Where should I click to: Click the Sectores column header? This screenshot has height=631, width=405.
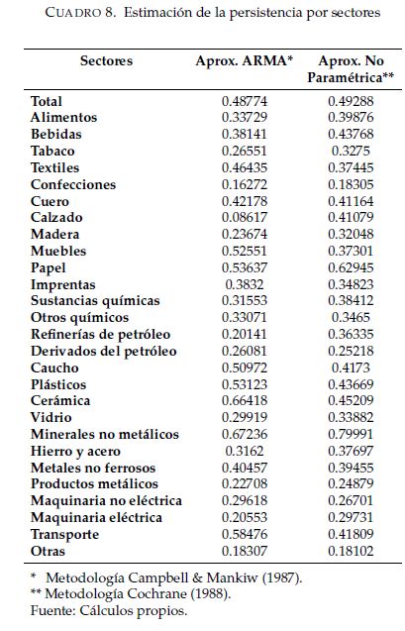pyautogui.click(x=106, y=61)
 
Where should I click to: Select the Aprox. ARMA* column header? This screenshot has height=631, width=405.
pyautogui.click(x=245, y=61)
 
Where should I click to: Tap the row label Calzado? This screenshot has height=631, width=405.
pyautogui.click(x=56, y=217)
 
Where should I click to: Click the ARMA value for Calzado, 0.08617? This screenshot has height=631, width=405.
pyautogui.click(x=245, y=217)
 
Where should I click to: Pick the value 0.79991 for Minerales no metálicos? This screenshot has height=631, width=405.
pyautogui.click(x=351, y=434)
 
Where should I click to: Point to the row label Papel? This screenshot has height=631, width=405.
pyautogui.click(x=49, y=268)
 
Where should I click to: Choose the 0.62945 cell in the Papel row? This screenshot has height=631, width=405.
pyautogui.click(x=351, y=267)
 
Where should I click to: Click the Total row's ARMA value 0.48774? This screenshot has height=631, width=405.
pyautogui.click(x=245, y=101)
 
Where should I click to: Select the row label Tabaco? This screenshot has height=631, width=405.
pyautogui.click(x=52, y=151)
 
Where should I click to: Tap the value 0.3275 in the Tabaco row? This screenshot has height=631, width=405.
pyautogui.click(x=351, y=151)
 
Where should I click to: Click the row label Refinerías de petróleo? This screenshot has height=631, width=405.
pyautogui.click(x=101, y=335)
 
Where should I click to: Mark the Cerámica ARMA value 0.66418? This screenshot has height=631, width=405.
pyautogui.click(x=245, y=400)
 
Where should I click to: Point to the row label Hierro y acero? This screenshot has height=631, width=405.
pyautogui.click(x=75, y=452)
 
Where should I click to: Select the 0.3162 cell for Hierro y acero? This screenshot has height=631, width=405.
pyautogui.click(x=245, y=451)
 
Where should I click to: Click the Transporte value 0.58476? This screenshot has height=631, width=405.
pyautogui.click(x=245, y=534)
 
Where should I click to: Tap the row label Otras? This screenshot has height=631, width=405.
pyautogui.click(x=48, y=551)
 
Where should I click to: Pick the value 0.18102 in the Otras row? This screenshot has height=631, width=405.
pyautogui.click(x=351, y=551)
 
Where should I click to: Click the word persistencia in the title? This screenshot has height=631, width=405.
pyautogui.click(x=265, y=13)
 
